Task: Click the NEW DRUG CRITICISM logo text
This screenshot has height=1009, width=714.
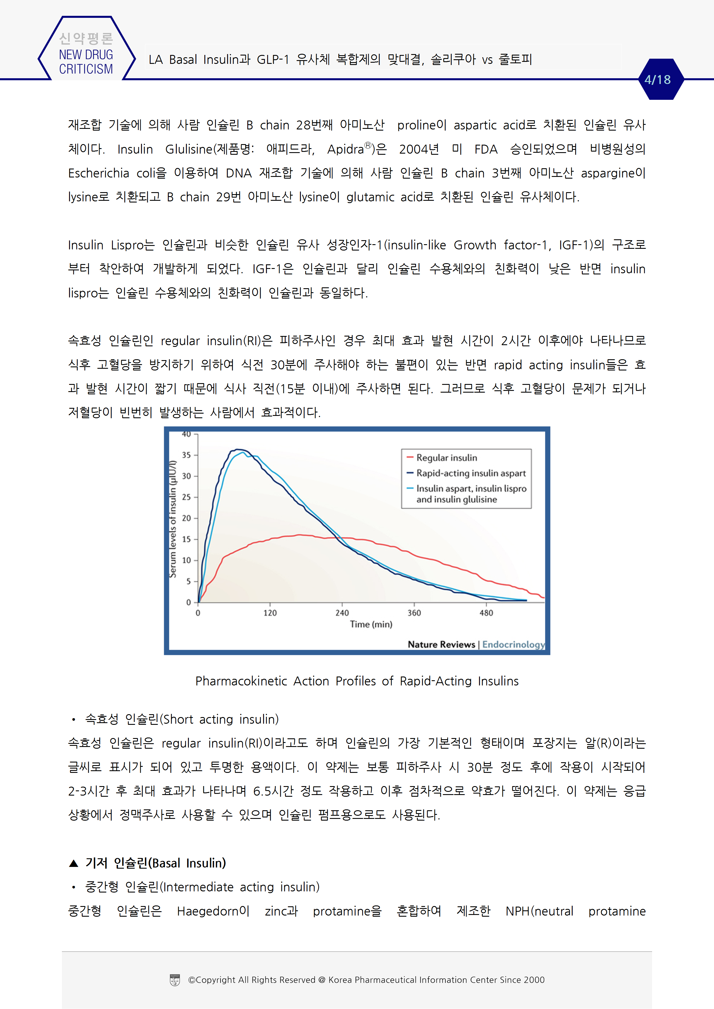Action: click(x=86, y=62)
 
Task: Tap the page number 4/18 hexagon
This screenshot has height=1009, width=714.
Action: click(x=658, y=80)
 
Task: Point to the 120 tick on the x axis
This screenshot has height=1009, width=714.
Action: click(x=270, y=613)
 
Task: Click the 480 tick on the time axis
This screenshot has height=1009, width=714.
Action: click(x=486, y=613)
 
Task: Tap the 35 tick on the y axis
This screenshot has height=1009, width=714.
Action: click(x=187, y=455)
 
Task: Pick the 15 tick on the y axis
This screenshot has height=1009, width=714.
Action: click(x=187, y=539)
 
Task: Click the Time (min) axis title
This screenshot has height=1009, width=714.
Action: click(x=371, y=624)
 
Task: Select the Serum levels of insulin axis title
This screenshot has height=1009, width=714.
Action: click(x=173, y=519)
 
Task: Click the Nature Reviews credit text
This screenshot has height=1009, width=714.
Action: click(x=441, y=644)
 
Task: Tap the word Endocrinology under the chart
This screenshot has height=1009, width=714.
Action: click(x=513, y=644)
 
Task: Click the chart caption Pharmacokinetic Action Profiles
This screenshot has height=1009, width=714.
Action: click(x=357, y=681)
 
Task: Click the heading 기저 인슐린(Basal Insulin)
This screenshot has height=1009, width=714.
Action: click(x=155, y=863)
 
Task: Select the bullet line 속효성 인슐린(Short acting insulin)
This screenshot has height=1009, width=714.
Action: click(x=182, y=719)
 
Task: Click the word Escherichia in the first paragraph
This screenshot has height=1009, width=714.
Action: click(x=98, y=173)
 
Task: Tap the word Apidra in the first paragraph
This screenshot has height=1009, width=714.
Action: click(x=345, y=149)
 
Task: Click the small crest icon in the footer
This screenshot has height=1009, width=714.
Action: click(x=175, y=980)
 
